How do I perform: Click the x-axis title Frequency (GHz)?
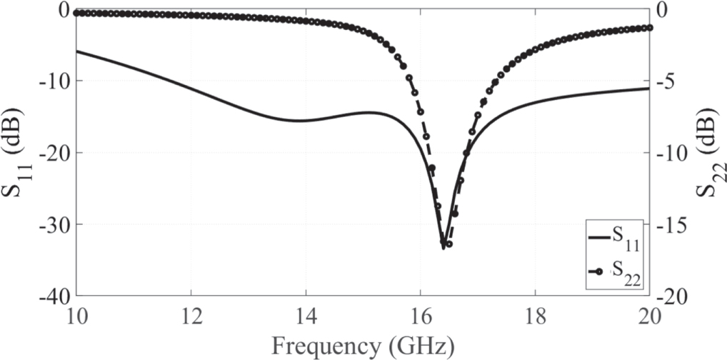tap(363, 346)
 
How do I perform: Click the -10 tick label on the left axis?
tap(58, 81)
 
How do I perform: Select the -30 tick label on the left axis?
tap(58, 224)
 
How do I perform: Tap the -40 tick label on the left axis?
tap(58, 296)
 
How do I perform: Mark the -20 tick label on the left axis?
tap(58, 152)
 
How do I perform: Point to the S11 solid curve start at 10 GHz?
tap(77, 51)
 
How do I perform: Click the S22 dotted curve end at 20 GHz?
tap(648, 27)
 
